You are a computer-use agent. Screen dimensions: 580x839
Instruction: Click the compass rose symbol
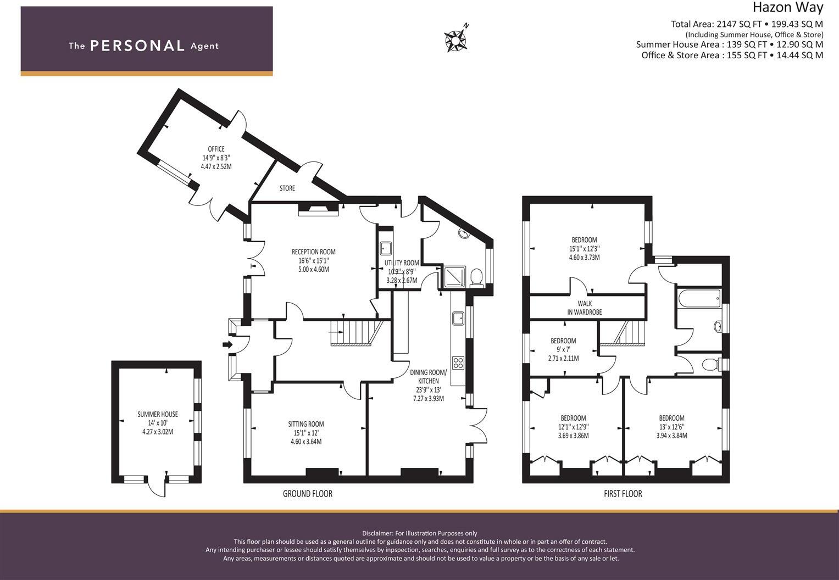pyautogui.click(x=455, y=40)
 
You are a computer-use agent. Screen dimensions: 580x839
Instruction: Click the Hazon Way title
pyautogui.click(x=787, y=8)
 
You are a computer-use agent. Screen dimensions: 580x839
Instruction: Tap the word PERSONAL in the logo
pyautogui.click(x=137, y=46)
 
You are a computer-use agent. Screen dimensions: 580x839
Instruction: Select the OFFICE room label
pyautogui.click(x=216, y=149)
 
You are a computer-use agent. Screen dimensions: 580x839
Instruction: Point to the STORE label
pyautogui.click(x=287, y=188)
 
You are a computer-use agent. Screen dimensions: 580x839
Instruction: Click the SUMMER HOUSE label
pyautogui.click(x=157, y=414)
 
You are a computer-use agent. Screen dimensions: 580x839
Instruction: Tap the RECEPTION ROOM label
pyautogui.click(x=313, y=252)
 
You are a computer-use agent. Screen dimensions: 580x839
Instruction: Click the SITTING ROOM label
pyautogui.click(x=306, y=424)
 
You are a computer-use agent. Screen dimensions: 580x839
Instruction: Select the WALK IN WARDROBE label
pyautogui.click(x=585, y=308)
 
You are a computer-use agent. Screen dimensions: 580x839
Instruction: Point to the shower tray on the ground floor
pyautogui.click(x=454, y=276)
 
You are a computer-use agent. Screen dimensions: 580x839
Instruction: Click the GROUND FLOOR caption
pyautogui.click(x=307, y=494)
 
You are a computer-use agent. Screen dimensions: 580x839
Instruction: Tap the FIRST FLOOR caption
pyautogui.click(x=623, y=494)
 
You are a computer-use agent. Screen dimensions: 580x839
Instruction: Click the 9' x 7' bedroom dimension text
pyautogui.click(x=563, y=349)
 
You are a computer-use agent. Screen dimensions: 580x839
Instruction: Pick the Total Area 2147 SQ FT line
pyautogui.click(x=747, y=24)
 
